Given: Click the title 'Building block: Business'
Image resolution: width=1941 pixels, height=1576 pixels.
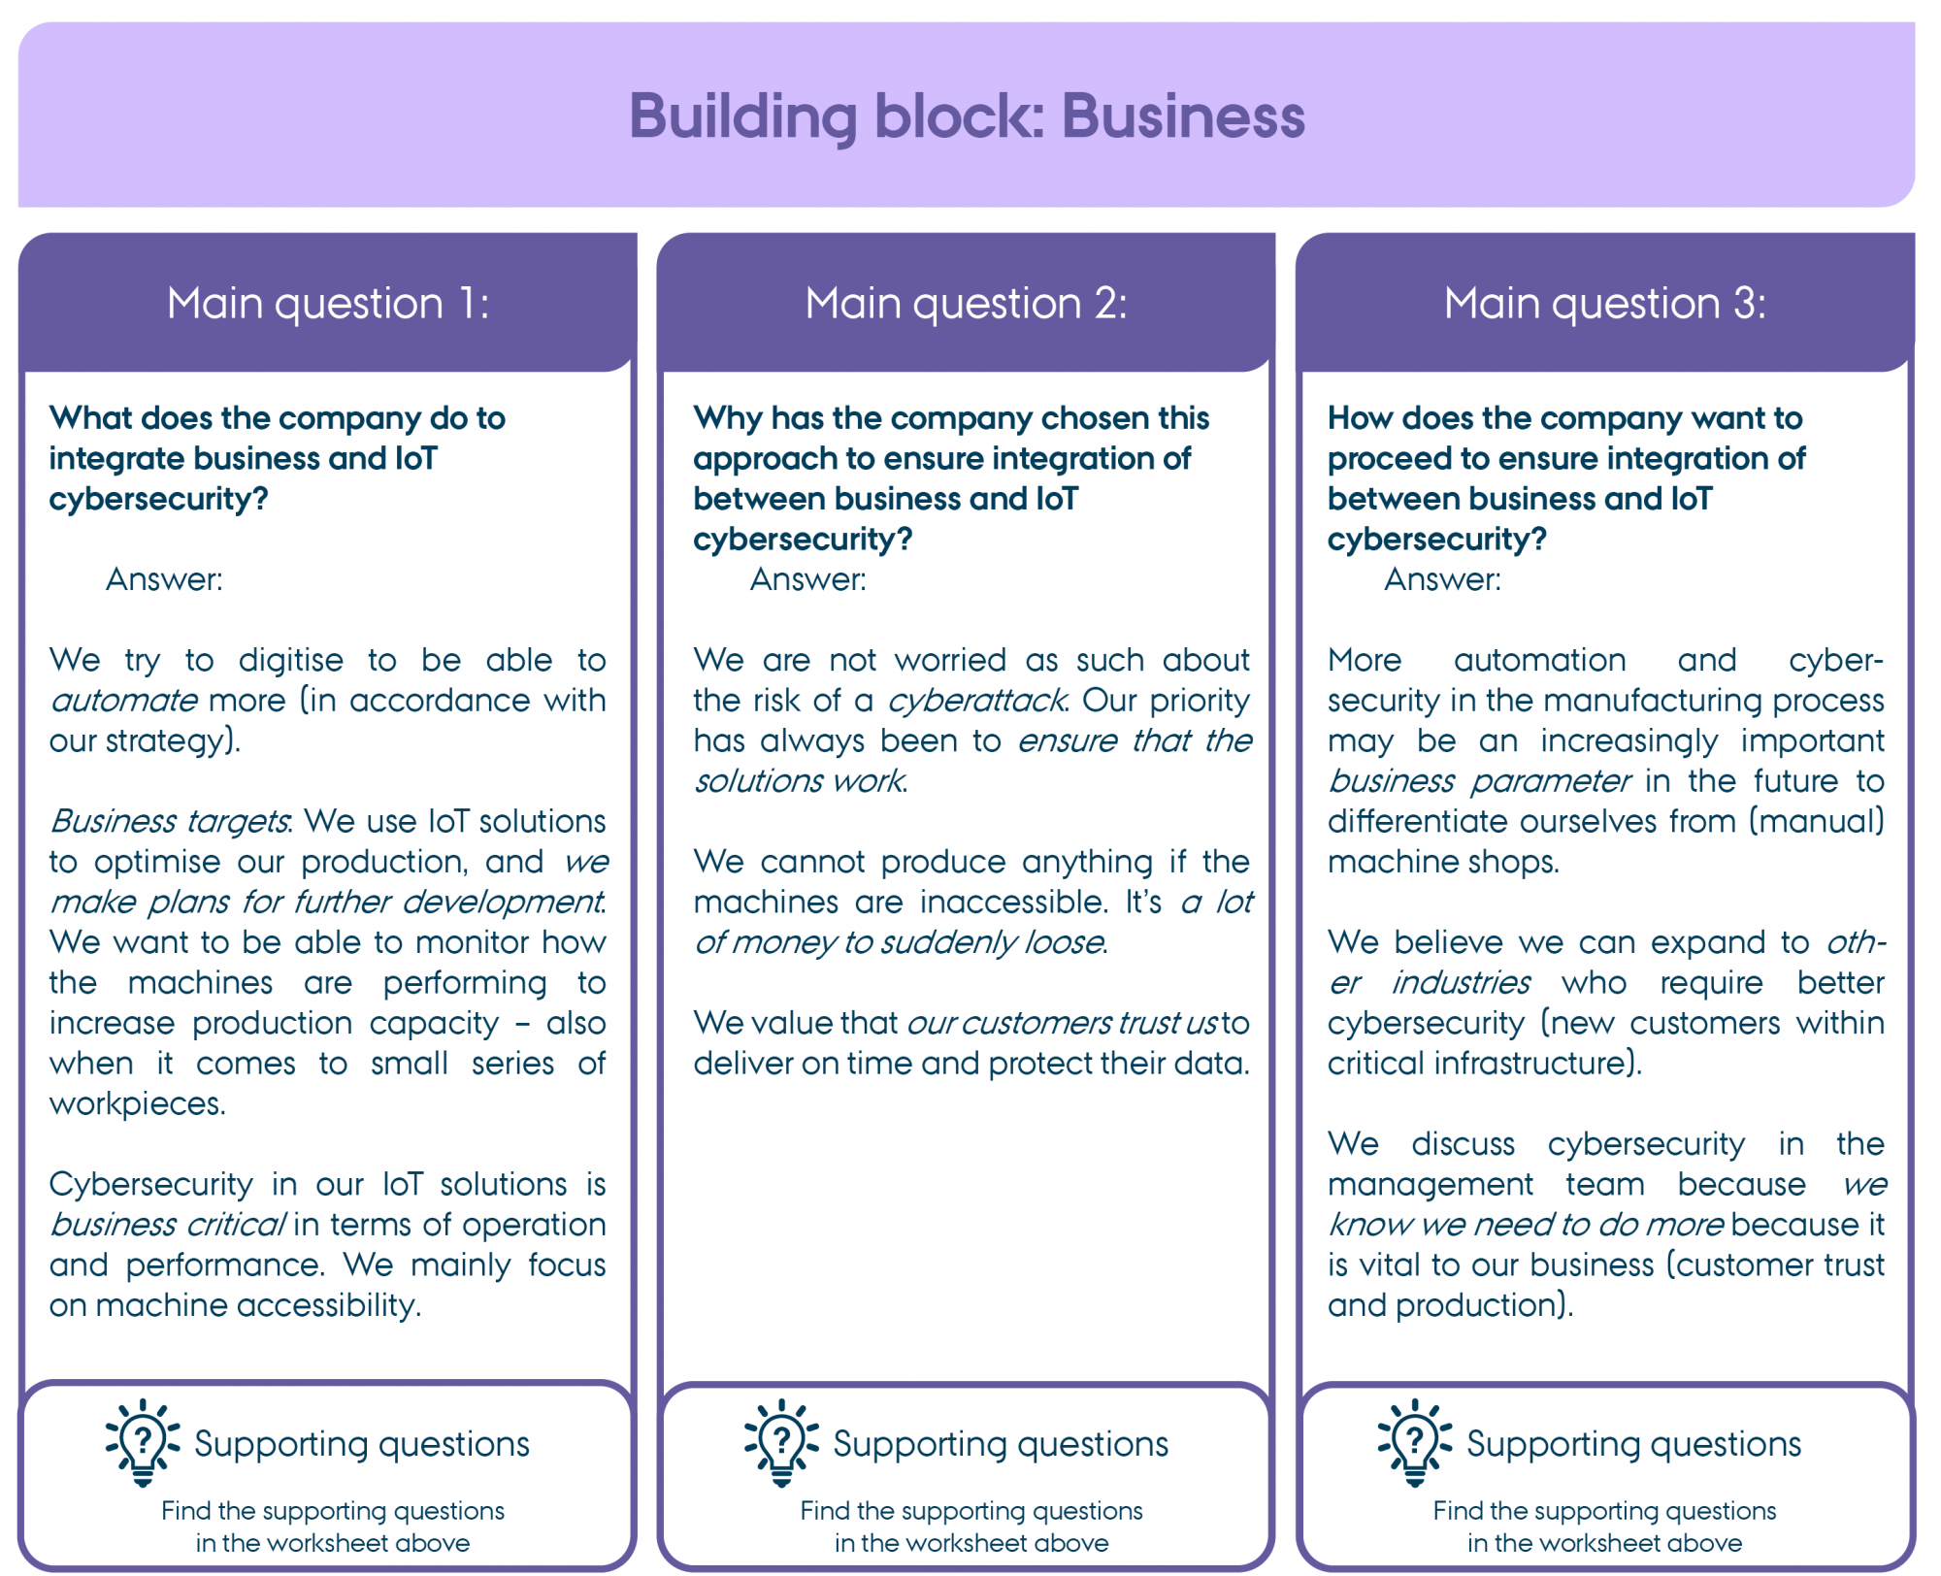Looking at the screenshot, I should [x=967, y=116].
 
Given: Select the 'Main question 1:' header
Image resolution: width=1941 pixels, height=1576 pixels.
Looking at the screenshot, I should [x=328, y=304].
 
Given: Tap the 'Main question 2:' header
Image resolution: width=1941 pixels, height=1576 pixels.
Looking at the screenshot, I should [x=967, y=304].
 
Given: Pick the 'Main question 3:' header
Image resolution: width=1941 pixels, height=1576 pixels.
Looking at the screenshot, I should [x=1605, y=304].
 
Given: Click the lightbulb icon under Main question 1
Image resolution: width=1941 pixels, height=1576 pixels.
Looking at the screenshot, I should [x=143, y=1442].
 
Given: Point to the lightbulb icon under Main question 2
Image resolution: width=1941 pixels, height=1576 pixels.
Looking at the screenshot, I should [x=781, y=1442].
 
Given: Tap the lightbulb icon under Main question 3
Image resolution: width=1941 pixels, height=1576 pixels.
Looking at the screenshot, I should [x=1415, y=1442].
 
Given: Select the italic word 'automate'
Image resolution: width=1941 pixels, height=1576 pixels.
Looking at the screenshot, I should [x=123, y=701].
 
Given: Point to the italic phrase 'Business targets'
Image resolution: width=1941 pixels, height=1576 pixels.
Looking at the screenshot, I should [x=170, y=822].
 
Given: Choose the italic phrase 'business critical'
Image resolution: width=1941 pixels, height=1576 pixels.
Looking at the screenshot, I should [x=167, y=1225].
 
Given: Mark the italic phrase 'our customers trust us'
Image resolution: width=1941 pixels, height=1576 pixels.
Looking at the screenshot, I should [x=1062, y=1023].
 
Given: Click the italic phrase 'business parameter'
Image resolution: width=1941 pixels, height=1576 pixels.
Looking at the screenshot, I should [x=1479, y=781].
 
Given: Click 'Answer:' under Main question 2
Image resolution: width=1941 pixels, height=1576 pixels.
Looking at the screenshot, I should [x=807, y=579].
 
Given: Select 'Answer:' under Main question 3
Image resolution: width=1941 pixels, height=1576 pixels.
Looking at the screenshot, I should [x=1442, y=579].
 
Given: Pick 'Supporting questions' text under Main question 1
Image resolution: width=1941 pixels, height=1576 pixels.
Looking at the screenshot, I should [x=362, y=1444].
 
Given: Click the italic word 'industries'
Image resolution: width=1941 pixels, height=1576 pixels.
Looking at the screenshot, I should [x=1462, y=983].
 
